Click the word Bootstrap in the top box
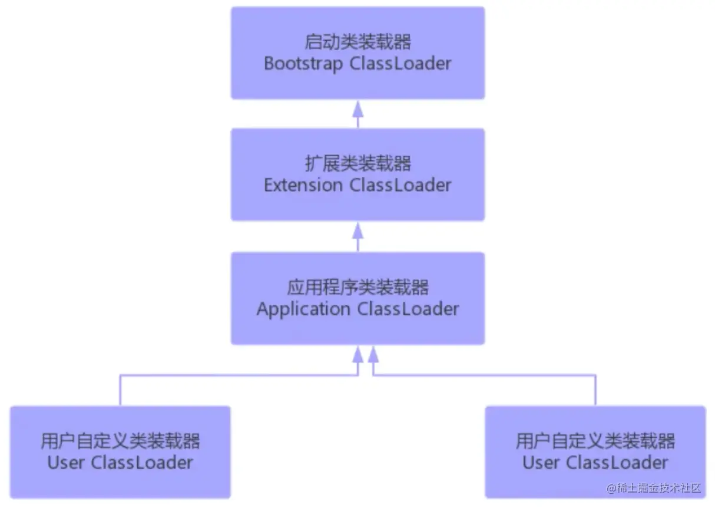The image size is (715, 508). [x=303, y=64]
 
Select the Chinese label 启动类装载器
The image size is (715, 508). [x=357, y=42]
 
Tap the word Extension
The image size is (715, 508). [x=303, y=185]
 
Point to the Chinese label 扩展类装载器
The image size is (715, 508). [x=357, y=163]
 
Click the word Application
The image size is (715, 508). [x=303, y=309]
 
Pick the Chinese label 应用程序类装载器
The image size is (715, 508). [x=357, y=287]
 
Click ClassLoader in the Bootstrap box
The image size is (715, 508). [x=400, y=63]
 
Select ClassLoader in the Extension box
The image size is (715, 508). [x=400, y=185]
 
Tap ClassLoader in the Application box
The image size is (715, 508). [x=408, y=309]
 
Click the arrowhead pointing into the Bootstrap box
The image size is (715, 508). [x=357, y=109]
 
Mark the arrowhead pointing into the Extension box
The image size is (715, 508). [x=357, y=231]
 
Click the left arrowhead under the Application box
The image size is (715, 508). [x=357, y=354]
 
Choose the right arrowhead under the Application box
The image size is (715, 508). [x=373, y=354]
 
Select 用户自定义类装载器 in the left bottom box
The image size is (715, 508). [x=120, y=441]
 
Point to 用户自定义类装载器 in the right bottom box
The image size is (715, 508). [x=595, y=441]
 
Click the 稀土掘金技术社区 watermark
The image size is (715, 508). [x=653, y=488]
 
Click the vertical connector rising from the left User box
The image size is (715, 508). [x=120, y=390]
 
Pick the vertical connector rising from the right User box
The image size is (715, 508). [x=595, y=390]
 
